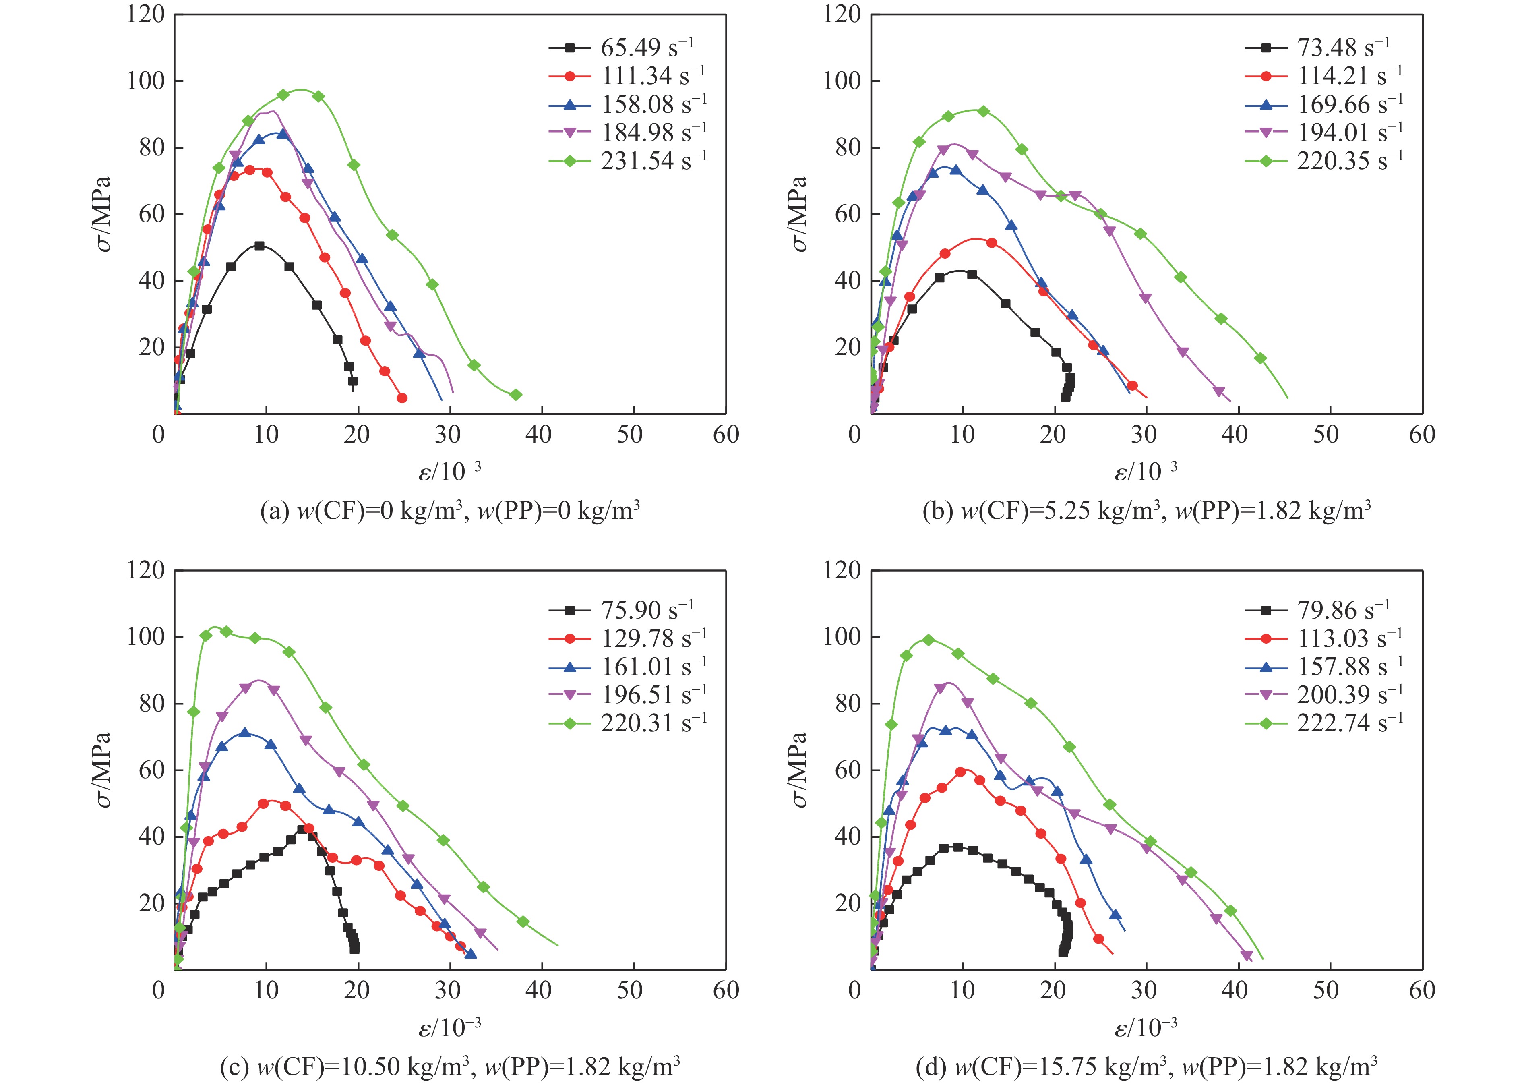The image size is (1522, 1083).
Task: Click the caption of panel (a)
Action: (x=450, y=511)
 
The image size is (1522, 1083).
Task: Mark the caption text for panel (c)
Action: (x=450, y=1067)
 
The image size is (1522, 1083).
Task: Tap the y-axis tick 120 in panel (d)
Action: (x=842, y=571)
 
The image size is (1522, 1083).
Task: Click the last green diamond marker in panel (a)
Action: (x=515, y=395)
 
